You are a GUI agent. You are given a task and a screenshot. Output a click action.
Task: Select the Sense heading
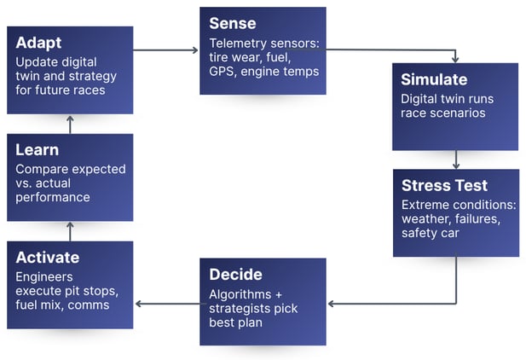coord(232,23)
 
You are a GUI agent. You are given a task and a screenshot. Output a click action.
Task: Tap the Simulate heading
coord(434,79)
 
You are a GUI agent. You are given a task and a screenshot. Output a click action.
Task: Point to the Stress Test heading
coord(443,185)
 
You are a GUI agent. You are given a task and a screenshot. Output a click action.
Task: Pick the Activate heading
coord(48,258)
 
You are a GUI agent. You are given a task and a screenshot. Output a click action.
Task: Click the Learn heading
coord(38,150)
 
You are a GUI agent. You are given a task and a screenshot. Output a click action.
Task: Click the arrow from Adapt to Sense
coord(167,50)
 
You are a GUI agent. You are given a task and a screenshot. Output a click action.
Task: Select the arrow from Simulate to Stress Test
coord(456,160)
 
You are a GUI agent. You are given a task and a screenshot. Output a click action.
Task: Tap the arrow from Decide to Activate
coord(167,303)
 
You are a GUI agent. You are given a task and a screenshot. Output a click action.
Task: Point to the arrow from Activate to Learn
coord(70,231)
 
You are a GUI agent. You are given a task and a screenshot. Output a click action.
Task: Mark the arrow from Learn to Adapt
coord(70,124)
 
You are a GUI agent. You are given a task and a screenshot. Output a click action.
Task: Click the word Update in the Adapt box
coord(36,61)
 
